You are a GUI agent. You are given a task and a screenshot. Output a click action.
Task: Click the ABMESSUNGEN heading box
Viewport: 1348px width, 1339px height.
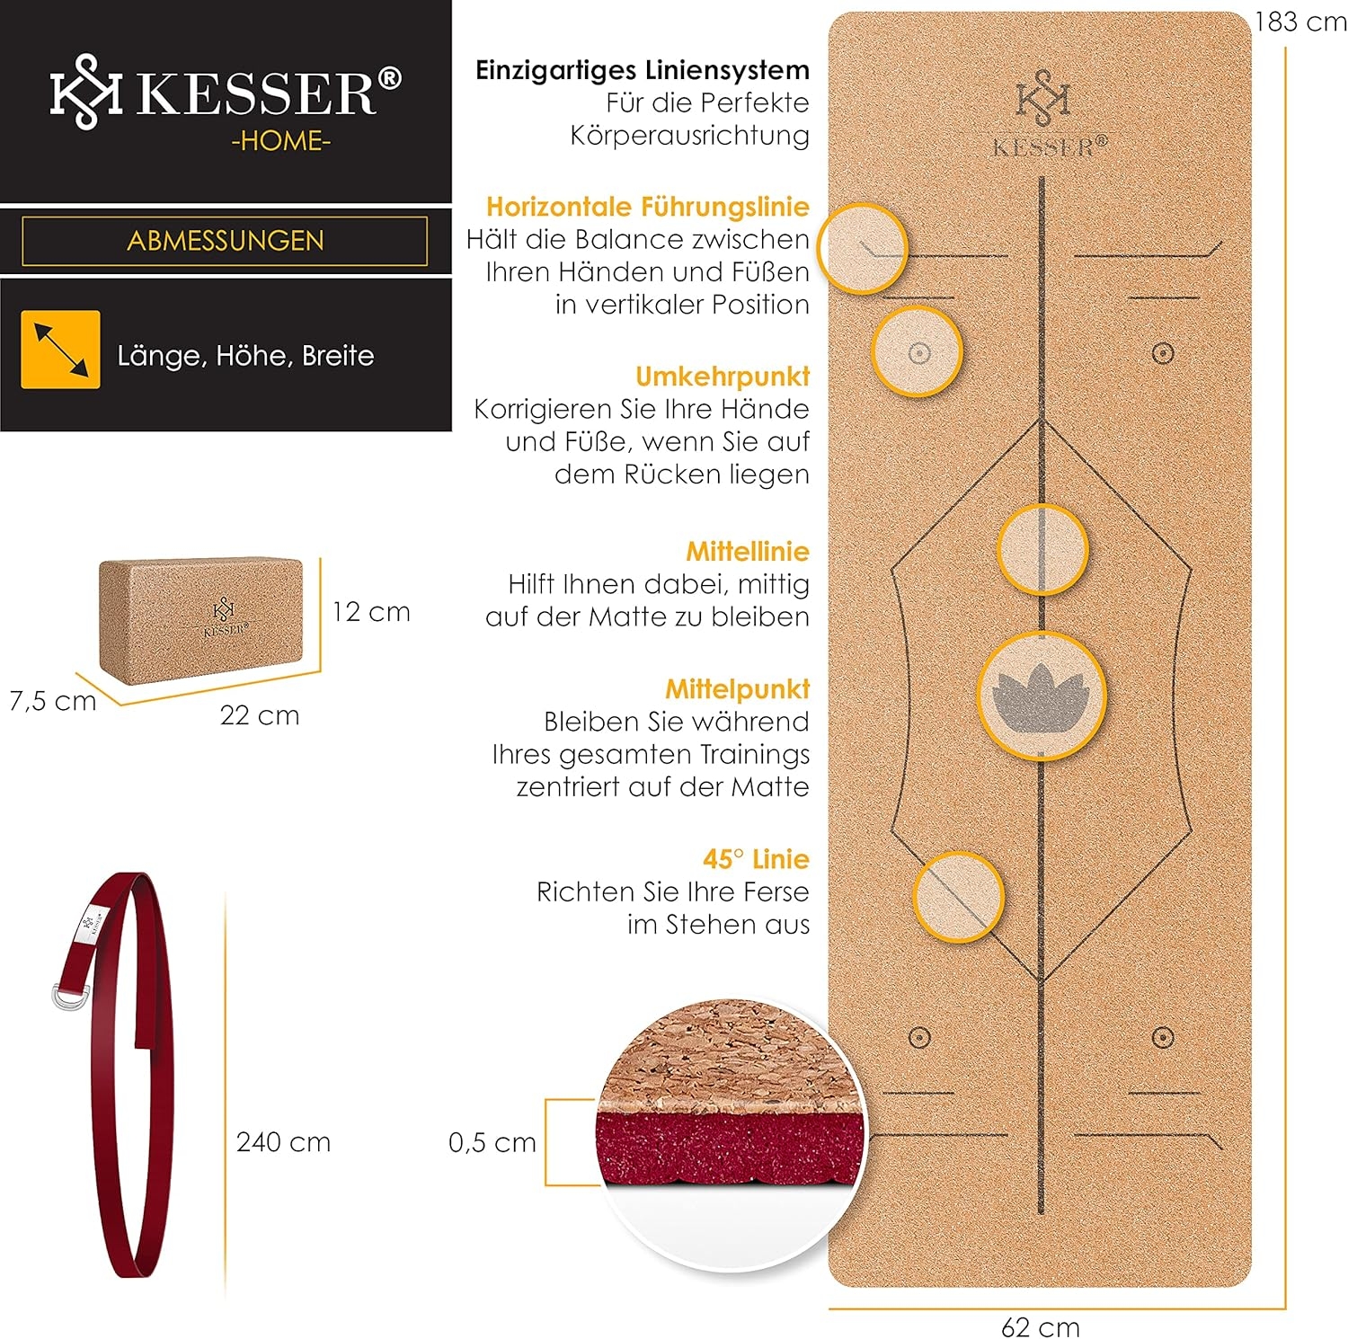pos(225,241)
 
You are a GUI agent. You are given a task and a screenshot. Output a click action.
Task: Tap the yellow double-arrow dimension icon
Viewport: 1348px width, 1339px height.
pos(60,350)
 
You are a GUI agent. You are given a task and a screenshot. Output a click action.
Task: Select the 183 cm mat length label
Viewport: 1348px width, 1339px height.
pos(1300,22)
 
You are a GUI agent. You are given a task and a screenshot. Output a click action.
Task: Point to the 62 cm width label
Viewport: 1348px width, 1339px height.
pos(1041,1326)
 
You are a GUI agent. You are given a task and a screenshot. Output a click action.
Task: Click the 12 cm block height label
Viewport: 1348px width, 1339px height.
pos(371,612)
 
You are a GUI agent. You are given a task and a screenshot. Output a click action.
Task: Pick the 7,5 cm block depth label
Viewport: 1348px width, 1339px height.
pos(53,701)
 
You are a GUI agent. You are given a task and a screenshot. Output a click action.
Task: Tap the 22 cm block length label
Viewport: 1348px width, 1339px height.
pos(260,715)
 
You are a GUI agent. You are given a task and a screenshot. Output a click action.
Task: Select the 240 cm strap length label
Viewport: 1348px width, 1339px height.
pos(284,1142)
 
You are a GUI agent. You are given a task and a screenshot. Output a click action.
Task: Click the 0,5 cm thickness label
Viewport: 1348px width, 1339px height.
pos(492,1142)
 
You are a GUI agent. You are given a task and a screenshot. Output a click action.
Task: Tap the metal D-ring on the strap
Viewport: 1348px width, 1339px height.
pos(70,996)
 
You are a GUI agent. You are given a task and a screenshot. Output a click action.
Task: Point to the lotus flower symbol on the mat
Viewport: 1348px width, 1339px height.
pos(1041,696)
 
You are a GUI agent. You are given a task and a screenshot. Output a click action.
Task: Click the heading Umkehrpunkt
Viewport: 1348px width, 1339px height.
pos(723,377)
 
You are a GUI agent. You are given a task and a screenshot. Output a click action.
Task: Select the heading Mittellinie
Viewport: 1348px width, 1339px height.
pos(748,551)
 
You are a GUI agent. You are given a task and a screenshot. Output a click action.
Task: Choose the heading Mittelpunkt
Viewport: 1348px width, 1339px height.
pos(738,689)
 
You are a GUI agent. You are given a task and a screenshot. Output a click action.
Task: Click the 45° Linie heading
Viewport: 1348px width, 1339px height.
pos(756,859)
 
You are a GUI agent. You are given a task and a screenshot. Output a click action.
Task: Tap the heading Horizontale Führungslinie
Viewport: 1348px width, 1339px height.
pos(648,207)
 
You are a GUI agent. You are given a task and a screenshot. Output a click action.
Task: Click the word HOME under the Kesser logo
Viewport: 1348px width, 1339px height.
pos(281,141)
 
